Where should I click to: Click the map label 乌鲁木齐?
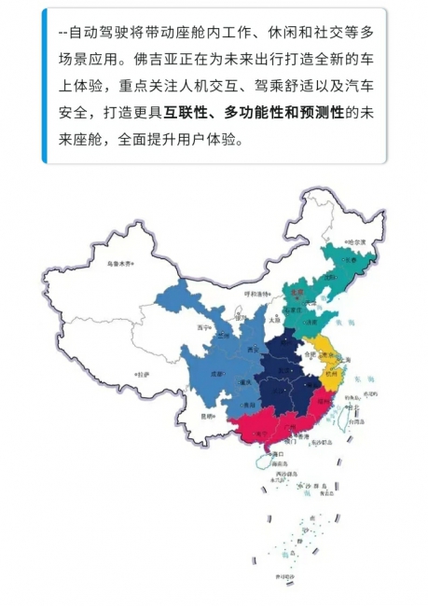(120, 263)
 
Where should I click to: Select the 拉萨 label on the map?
(142, 374)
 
